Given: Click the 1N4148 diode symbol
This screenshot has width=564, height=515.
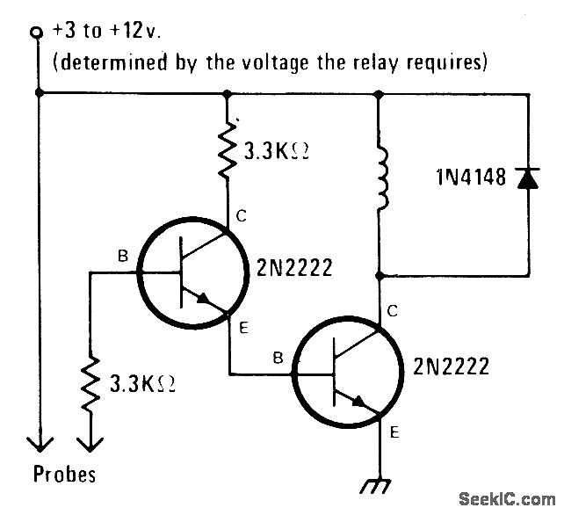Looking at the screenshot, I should tap(526, 179).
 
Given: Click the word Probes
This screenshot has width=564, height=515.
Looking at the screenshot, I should tap(65, 475).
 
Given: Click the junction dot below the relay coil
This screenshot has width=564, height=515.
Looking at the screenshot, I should tap(380, 275).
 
